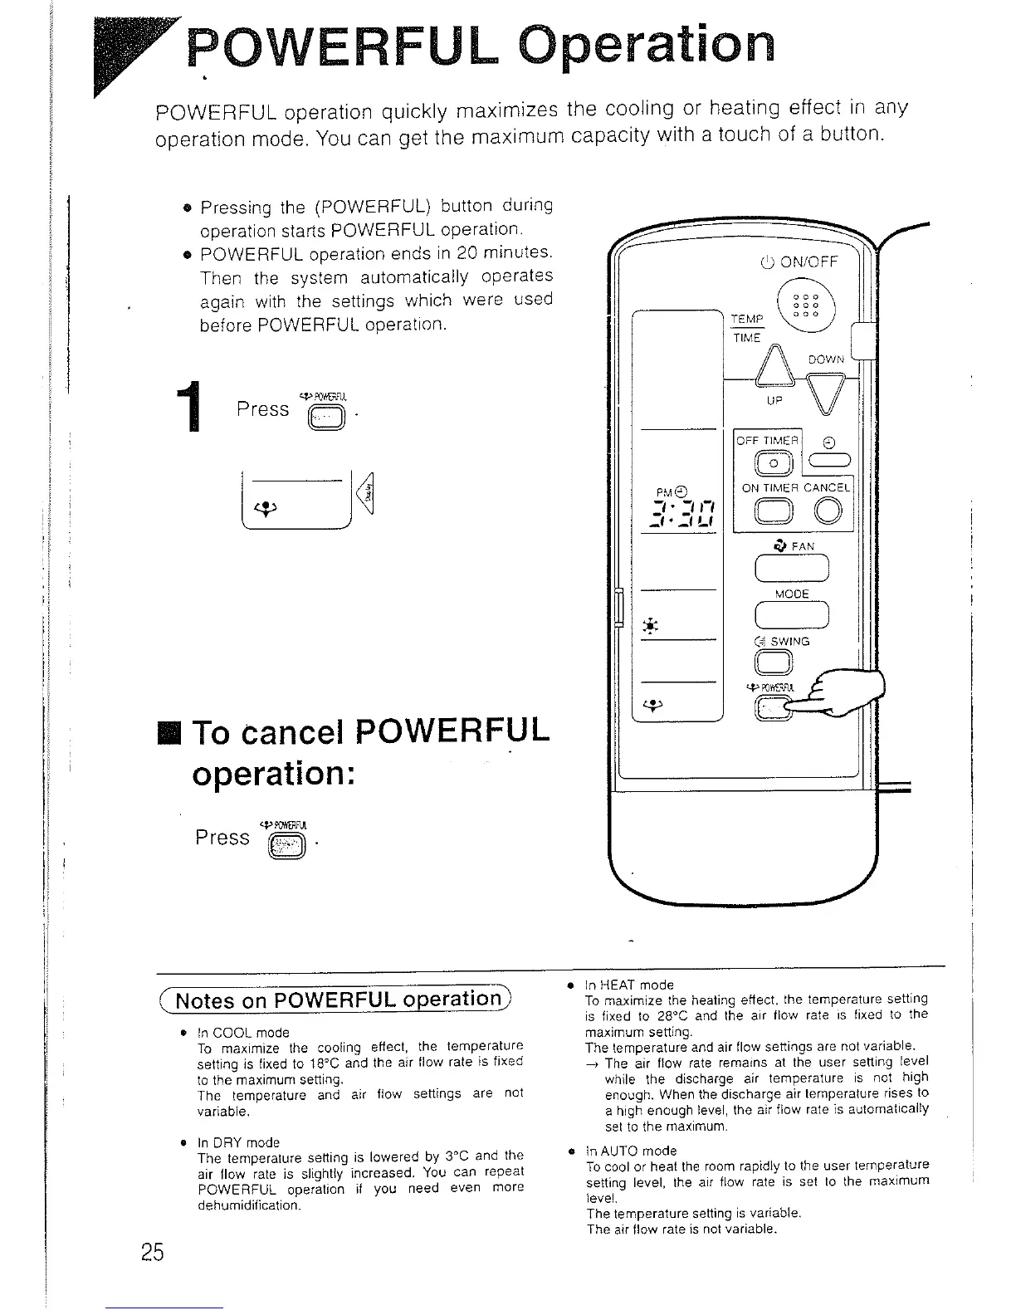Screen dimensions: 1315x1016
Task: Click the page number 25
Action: pyautogui.click(x=153, y=1253)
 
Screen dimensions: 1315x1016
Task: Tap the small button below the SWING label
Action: pyautogui.click(x=774, y=662)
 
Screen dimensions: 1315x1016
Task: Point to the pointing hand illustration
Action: pyautogui.click(x=838, y=693)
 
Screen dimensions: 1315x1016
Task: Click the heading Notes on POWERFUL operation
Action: pyautogui.click(x=335, y=1000)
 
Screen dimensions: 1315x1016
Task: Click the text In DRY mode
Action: pyautogui.click(x=238, y=1142)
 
